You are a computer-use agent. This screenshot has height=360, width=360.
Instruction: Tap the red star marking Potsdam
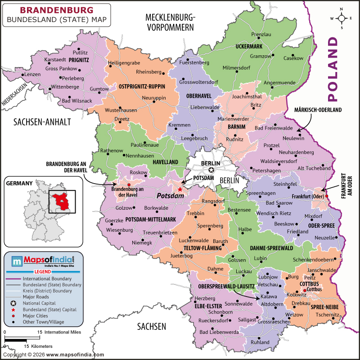coord(180,189)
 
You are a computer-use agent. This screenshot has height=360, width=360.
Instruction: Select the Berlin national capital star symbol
coord(211,170)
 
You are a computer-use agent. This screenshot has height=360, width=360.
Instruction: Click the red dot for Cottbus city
coord(305,290)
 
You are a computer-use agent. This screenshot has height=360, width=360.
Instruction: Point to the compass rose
coord(342,18)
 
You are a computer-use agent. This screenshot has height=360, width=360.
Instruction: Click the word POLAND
coord(333,69)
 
